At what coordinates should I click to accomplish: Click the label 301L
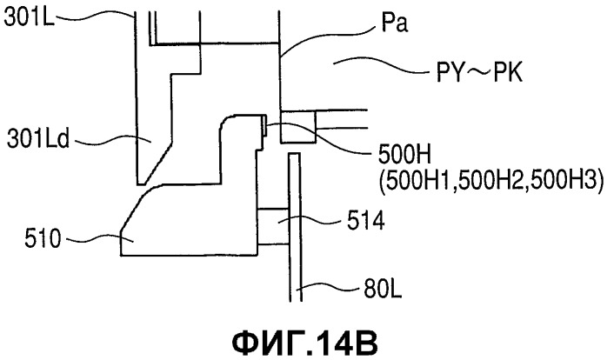30,17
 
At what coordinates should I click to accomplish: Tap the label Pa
394,23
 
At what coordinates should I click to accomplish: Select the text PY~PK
480,72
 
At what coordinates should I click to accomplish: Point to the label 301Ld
38,139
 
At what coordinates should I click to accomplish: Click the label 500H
404,156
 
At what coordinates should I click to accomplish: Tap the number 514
365,222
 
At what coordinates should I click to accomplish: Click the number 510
43,238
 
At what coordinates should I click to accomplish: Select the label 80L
383,290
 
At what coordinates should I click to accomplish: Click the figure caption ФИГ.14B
304,342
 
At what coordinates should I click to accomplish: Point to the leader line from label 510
100,238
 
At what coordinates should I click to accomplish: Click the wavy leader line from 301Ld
113,139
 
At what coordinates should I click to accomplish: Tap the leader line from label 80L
327,288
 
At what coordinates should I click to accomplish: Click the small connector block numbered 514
273,226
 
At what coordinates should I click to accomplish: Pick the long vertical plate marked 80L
295,227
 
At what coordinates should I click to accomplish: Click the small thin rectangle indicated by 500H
264,125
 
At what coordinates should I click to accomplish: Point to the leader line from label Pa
328,37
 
